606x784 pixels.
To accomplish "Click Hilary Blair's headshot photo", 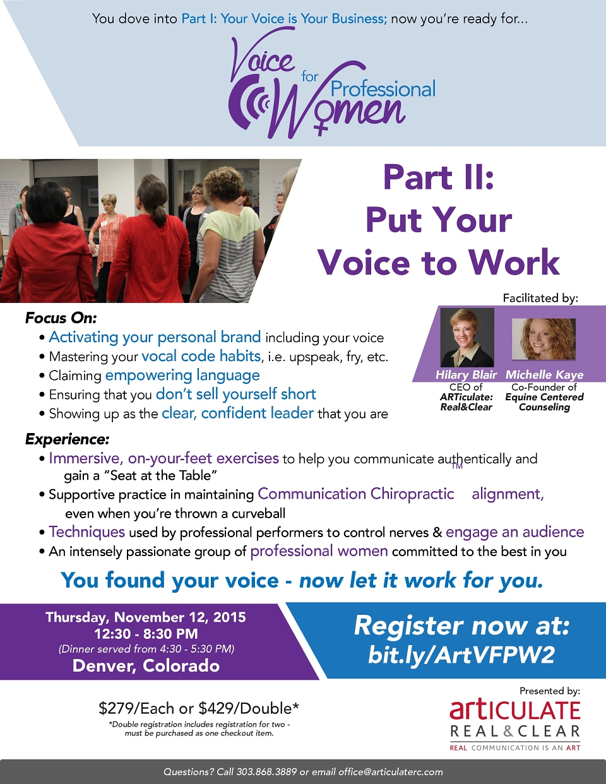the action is (467, 337).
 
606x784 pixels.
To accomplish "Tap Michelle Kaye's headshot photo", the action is (544, 339).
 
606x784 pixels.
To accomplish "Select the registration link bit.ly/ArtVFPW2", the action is (461, 654).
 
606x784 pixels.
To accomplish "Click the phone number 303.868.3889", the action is (266, 772).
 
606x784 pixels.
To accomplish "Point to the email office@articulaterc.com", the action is (390, 772).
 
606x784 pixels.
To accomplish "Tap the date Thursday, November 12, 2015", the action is (146, 617).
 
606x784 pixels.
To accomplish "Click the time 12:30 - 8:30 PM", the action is (146, 634).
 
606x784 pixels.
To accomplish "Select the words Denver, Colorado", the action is (146, 666).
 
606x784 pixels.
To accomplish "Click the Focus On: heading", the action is (61, 318).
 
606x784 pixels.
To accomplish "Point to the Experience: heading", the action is (67, 439).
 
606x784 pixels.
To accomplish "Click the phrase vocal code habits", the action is (201, 356).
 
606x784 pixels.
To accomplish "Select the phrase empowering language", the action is (182, 376).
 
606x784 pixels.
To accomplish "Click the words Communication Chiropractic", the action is (355, 494).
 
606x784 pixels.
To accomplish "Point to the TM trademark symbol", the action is (457, 466).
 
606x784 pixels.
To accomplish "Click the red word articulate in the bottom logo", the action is (514, 710).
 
